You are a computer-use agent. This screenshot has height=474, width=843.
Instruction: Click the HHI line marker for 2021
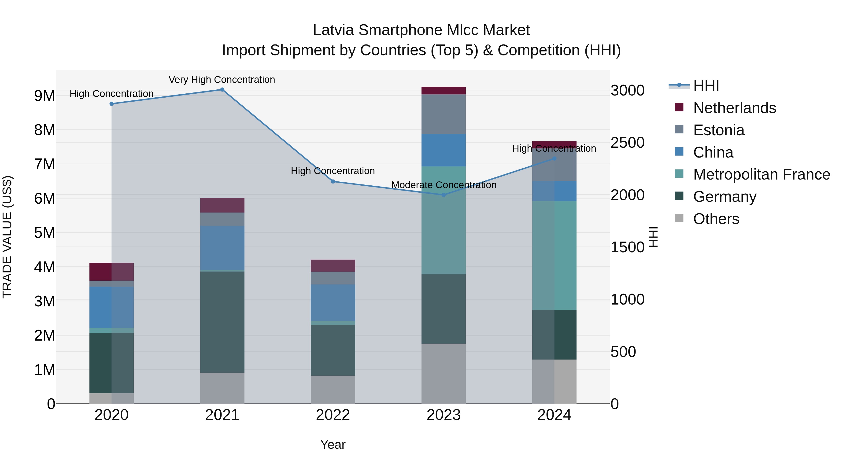[222, 90]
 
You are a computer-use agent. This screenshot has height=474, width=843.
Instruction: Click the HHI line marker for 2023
[444, 195]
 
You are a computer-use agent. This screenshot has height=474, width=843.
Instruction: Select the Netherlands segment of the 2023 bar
[444, 91]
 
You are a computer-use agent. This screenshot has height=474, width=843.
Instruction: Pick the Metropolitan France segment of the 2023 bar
[444, 220]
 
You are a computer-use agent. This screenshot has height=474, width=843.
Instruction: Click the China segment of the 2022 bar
[333, 303]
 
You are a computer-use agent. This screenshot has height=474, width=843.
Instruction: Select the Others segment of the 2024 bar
[554, 382]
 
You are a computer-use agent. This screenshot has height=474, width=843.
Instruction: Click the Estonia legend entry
[719, 130]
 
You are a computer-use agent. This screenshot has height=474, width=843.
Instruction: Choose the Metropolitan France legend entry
[762, 174]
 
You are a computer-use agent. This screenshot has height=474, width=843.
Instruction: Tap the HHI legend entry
[706, 86]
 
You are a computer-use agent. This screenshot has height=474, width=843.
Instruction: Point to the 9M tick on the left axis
[44, 96]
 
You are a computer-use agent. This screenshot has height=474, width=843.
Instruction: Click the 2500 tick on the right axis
[627, 143]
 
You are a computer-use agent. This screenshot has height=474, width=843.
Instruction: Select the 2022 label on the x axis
[333, 415]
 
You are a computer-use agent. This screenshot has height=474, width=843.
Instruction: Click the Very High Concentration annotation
[222, 80]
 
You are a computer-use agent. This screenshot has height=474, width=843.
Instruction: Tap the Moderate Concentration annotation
[444, 185]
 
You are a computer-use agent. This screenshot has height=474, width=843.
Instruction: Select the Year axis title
[333, 445]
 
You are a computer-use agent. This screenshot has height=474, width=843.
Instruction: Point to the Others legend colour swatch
[679, 218]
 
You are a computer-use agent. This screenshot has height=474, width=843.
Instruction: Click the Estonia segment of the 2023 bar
[444, 114]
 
